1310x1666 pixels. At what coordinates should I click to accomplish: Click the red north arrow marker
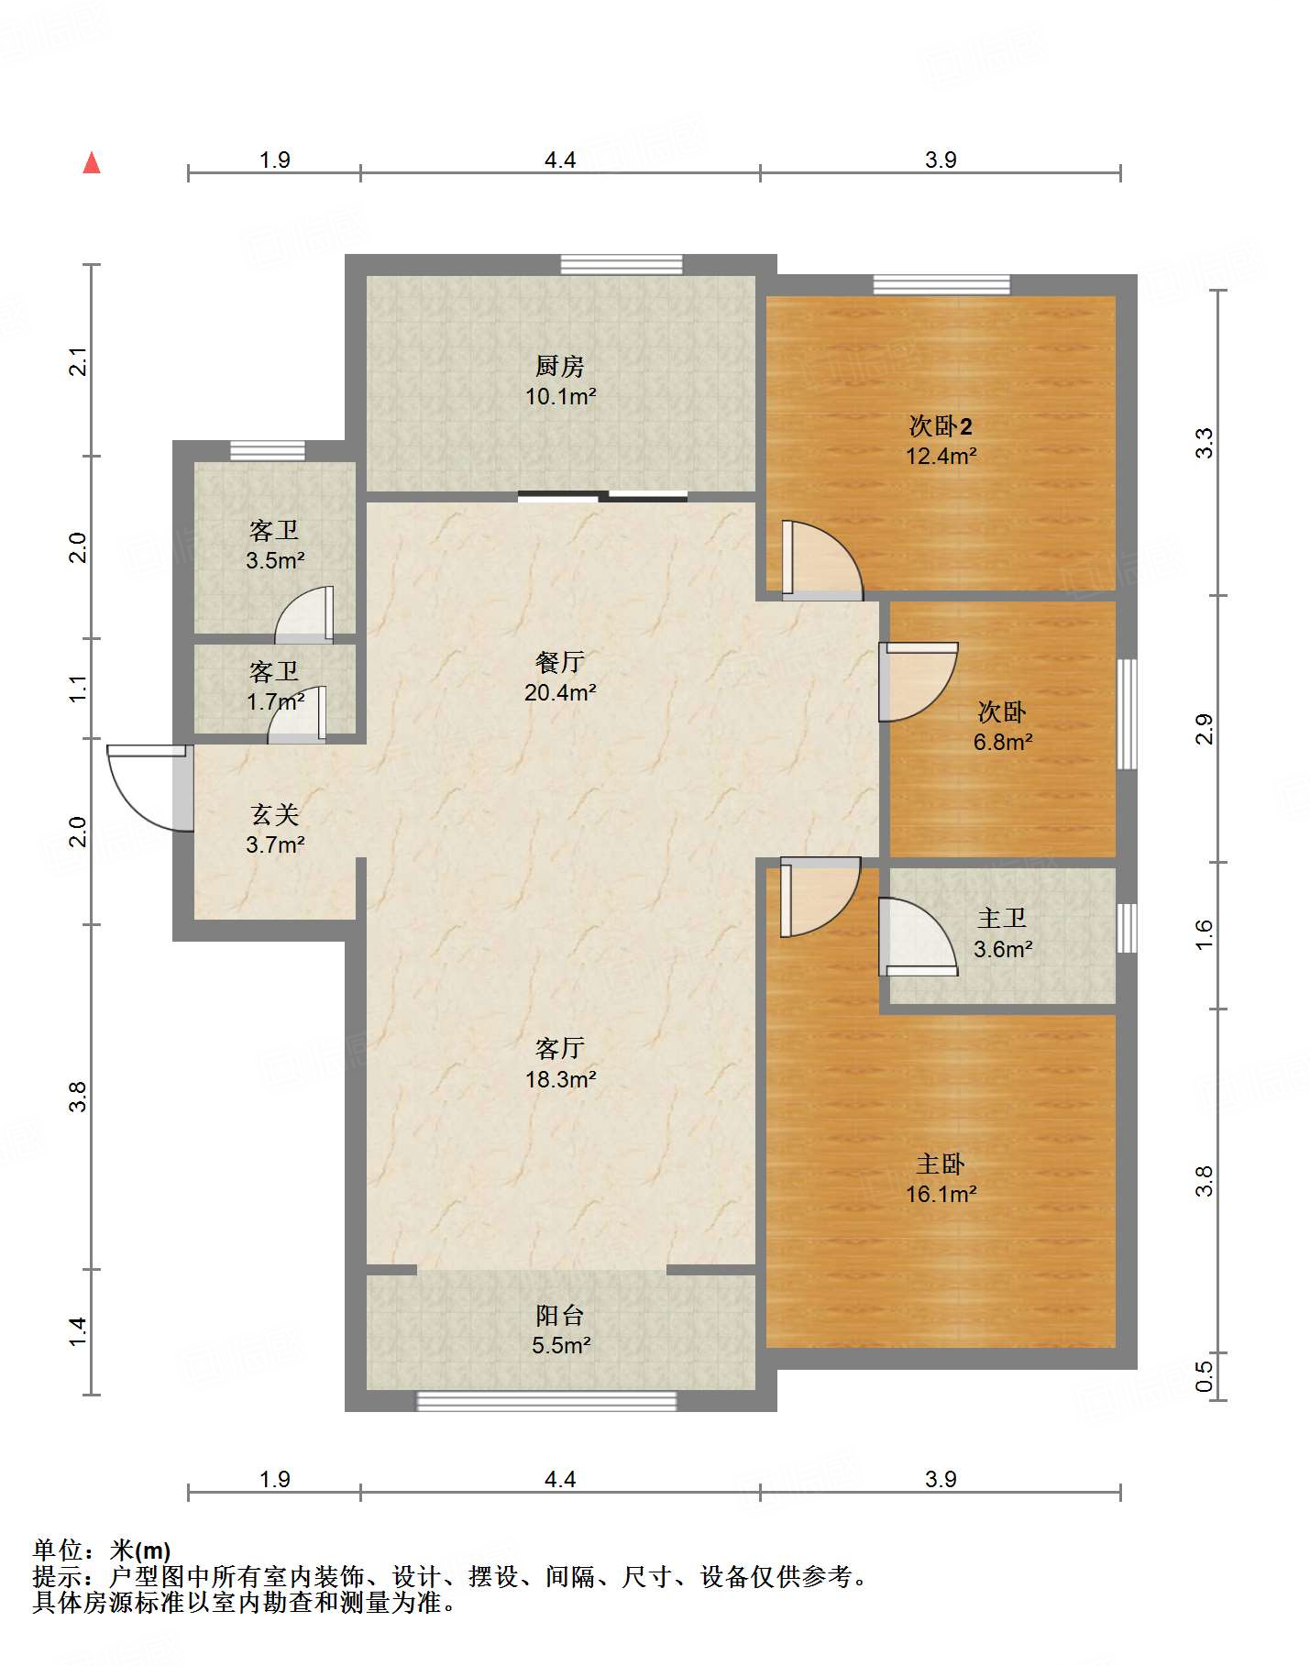(x=92, y=162)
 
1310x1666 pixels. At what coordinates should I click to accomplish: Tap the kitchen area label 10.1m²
(x=560, y=397)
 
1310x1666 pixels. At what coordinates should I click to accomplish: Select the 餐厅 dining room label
(x=560, y=662)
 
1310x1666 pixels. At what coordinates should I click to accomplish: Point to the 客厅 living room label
(x=560, y=1048)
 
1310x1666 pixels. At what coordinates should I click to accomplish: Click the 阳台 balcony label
(x=560, y=1316)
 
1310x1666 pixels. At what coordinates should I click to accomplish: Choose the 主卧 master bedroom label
(x=941, y=1164)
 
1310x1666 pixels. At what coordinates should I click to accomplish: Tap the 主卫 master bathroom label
(x=1002, y=918)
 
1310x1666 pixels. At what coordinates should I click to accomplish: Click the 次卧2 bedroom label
(x=941, y=425)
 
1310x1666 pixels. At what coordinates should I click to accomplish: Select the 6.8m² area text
(x=1003, y=742)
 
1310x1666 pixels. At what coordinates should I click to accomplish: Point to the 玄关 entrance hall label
(x=274, y=814)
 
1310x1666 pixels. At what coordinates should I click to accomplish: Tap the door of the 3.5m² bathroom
(x=304, y=613)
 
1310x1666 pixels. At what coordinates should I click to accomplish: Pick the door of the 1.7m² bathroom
(x=297, y=714)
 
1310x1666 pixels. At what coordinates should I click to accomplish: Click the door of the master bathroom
(x=919, y=937)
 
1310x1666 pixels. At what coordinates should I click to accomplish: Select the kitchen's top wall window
(x=622, y=265)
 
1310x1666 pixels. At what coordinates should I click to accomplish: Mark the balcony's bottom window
(x=547, y=1401)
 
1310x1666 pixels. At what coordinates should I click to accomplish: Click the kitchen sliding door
(x=603, y=497)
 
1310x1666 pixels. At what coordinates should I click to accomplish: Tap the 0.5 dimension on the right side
(x=1204, y=1375)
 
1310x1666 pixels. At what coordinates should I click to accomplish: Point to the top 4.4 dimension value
(x=560, y=160)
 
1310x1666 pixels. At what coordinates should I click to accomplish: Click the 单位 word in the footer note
(x=58, y=1550)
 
